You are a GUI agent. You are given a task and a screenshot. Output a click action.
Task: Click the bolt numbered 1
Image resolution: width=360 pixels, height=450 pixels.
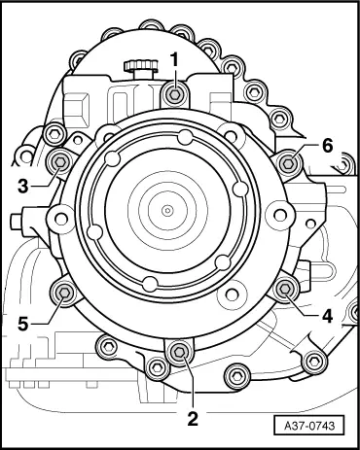pos(175,94)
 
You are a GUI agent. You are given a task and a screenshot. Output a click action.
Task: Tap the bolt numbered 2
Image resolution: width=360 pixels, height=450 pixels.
pos(179,352)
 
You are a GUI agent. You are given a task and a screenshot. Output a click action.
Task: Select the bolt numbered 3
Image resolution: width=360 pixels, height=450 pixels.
pos(60,162)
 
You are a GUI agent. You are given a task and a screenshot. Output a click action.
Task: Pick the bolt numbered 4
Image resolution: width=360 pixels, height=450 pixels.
pos(285,289)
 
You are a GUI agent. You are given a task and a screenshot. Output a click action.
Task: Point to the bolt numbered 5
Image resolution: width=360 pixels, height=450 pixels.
pos(64,293)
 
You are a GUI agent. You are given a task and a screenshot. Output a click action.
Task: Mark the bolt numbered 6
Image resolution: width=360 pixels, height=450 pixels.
pos(288,163)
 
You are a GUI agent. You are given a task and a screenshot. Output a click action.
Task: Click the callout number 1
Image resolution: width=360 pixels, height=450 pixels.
pos(175,60)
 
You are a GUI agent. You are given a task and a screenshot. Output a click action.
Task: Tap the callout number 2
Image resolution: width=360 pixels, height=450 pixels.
pos(193,419)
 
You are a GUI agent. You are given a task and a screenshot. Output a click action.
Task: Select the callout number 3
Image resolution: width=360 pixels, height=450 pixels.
pos(23,187)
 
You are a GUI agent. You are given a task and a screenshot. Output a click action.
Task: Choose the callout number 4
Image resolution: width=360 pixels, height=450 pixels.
pos(327,316)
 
